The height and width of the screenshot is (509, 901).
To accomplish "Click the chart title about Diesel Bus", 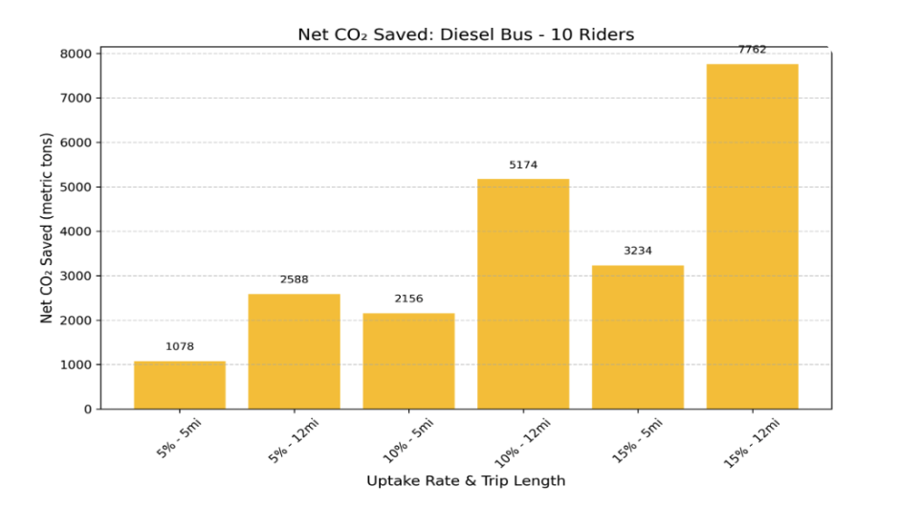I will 466,35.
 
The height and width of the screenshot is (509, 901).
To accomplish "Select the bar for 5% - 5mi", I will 180,385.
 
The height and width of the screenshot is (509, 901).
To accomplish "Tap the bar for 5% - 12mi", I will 294,351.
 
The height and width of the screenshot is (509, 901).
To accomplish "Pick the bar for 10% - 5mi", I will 408,361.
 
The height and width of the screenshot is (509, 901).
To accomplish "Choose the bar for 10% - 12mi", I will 523,294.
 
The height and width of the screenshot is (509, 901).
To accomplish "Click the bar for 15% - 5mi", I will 638,337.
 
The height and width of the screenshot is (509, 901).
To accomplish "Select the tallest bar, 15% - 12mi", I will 752,236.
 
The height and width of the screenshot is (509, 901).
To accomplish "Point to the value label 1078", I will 180,346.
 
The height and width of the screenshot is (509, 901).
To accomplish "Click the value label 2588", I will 294,279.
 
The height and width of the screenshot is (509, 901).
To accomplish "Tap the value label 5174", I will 523,165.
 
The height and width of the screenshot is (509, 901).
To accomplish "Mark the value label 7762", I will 752,50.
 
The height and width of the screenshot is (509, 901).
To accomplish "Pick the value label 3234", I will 638,251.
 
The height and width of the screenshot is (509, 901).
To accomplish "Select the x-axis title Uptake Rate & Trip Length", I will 466,480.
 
